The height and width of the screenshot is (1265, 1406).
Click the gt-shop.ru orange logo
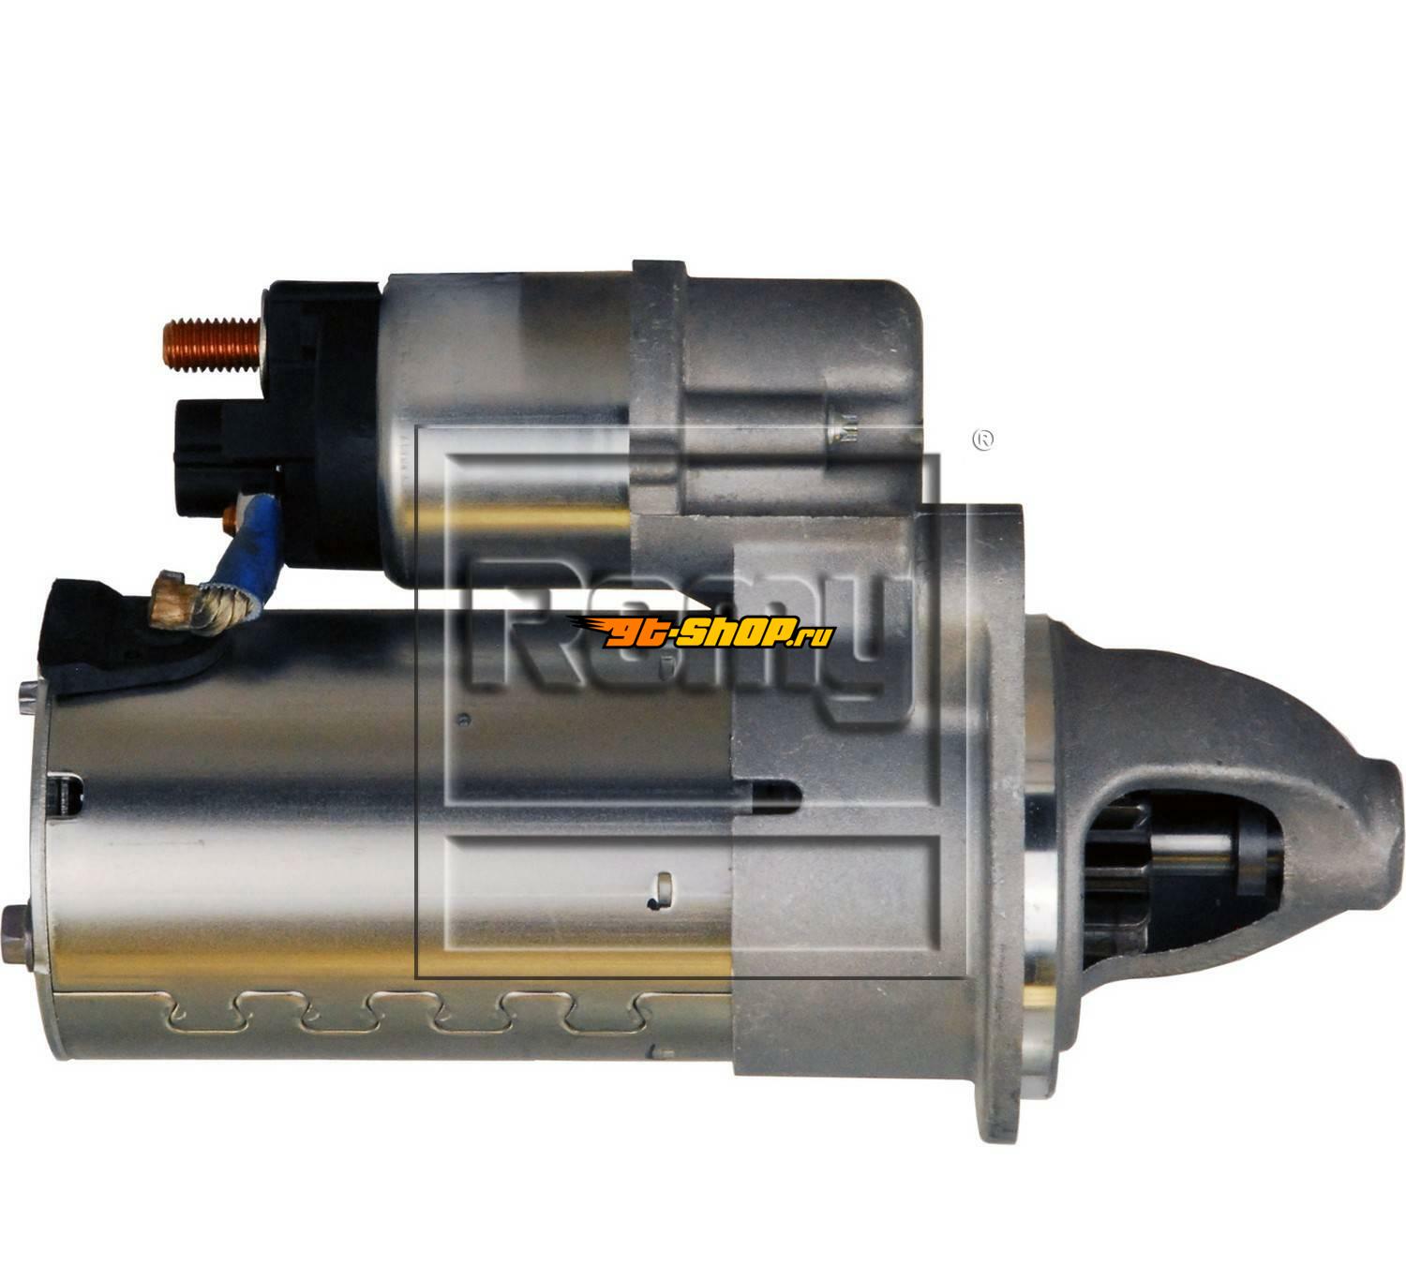point(700,632)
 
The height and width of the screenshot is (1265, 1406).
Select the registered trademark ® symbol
point(983,439)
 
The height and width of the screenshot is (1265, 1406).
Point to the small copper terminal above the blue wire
point(231,520)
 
